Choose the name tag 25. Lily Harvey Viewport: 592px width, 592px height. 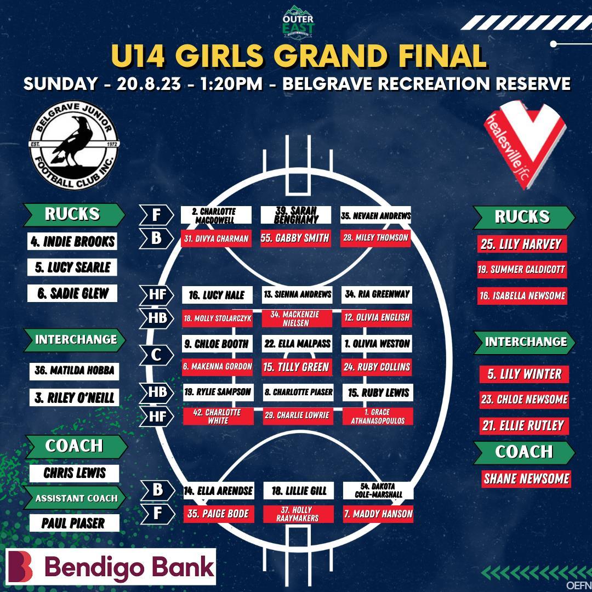[x=521, y=244]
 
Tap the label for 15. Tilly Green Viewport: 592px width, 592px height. [x=296, y=367]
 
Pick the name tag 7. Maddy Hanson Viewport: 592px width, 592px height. [x=378, y=514]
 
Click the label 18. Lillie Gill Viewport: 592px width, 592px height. [x=299, y=491]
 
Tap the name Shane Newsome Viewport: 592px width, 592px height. [x=526, y=479]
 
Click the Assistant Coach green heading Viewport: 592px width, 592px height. [x=76, y=498]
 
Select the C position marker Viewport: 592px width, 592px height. [x=156, y=355]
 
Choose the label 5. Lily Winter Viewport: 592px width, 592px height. [x=524, y=374]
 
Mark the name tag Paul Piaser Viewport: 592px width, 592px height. [x=73, y=523]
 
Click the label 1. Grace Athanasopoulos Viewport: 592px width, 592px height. [x=378, y=415]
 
